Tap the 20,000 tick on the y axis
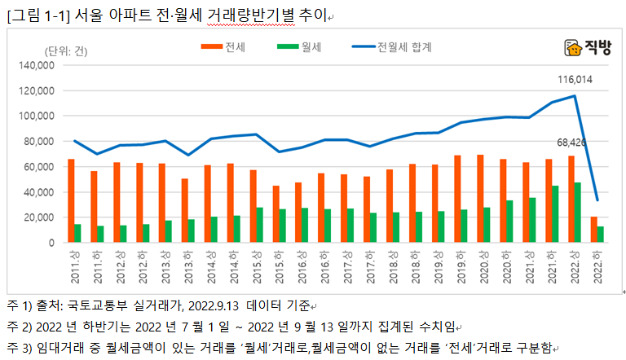39,217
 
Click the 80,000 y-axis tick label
39,142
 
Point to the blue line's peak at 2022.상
575,96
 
